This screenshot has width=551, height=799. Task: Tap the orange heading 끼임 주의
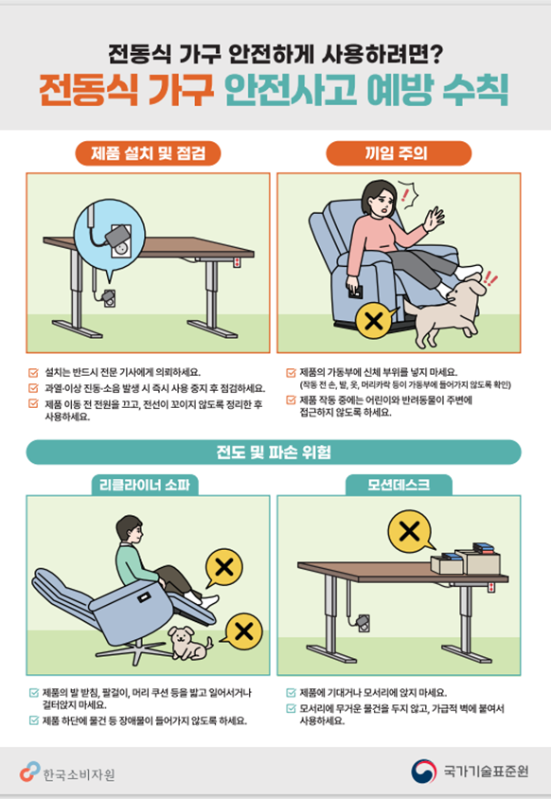(x=398, y=153)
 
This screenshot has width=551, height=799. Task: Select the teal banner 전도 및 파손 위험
(x=274, y=452)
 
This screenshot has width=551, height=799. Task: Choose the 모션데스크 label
(x=398, y=486)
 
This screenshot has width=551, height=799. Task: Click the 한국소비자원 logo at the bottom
(x=68, y=772)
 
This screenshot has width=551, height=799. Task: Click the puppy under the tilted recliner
(x=190, y=645)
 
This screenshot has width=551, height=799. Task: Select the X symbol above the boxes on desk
(x=410, y=529)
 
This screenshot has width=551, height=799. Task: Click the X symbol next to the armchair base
(x=374, y=322)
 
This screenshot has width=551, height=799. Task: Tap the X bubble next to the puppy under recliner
(x=244, y=630)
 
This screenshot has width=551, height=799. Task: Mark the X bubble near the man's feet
(x=224, y=568)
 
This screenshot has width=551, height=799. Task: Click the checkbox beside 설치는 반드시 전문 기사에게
(x=34, y=371)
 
